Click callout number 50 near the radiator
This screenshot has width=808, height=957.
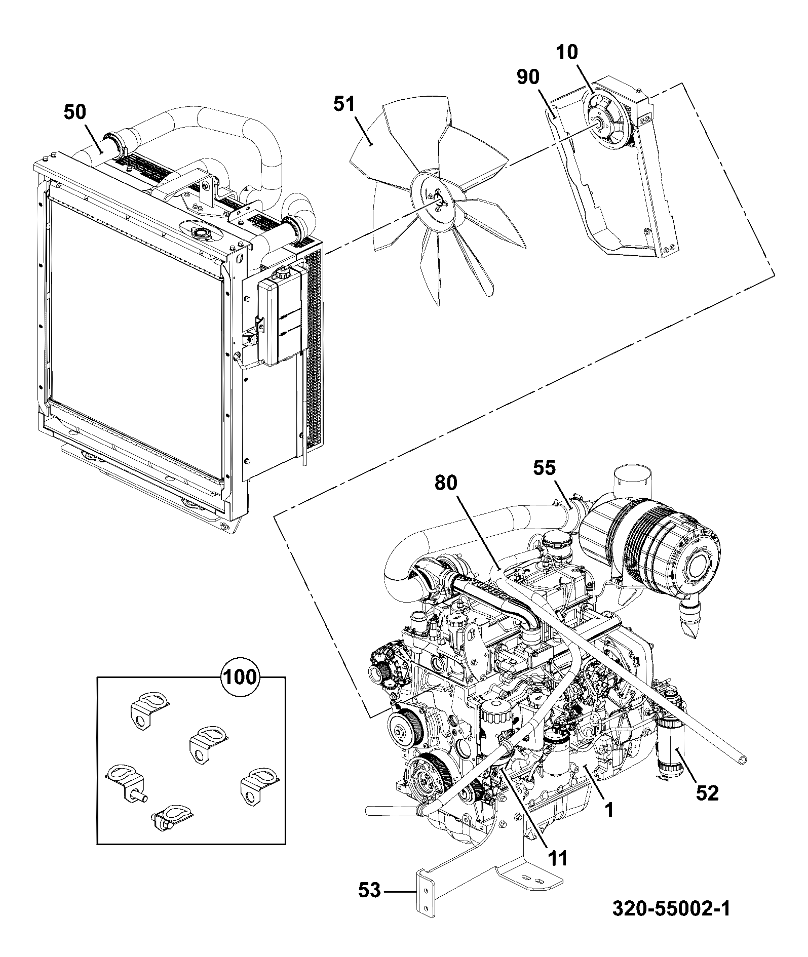point(75,112)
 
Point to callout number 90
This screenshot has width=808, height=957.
point(528,77)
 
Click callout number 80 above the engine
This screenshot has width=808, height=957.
point(446,483)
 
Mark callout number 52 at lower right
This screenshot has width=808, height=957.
point(707,793)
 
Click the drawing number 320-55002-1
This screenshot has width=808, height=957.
point(671,909)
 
